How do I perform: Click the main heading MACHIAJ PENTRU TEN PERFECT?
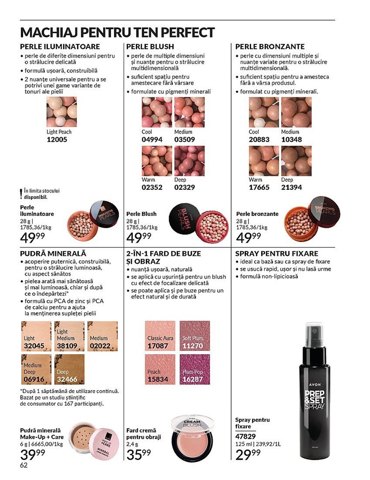click(x=117, y=32)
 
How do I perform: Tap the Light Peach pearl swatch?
click(x=62, y=112)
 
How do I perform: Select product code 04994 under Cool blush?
click(x=152, y=140)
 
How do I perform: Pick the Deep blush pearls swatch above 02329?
click(x=189, y=161)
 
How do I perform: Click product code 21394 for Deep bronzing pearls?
click(x=291, y=187)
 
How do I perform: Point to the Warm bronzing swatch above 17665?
click(x=263, y=161)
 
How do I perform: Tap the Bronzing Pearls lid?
click(x=324, y=212)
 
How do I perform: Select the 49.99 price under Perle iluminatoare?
click(x=32, y=237)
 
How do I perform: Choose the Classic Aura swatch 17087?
click(x=160, y=336)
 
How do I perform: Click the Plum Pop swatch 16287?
click(x=195, y=369)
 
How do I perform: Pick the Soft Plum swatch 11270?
click(x=195, y=336)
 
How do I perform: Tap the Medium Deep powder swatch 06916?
click(x=36, y=369)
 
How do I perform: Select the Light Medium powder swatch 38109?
click(x=69, y=336)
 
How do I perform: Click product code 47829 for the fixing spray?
click(x=245, y=436)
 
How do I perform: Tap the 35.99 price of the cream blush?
click(x=138, y=454)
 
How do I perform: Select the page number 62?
click(x=24, y=465)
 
